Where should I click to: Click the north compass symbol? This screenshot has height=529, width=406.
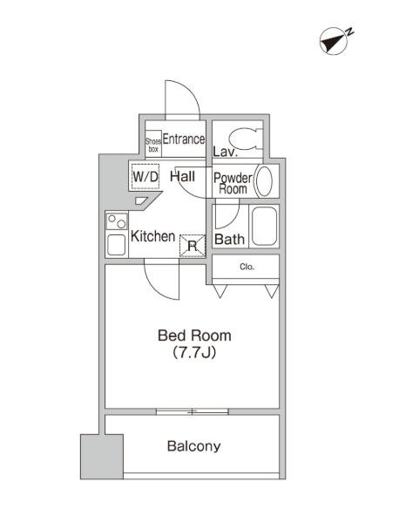[x=335, y=41]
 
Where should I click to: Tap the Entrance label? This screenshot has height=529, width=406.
[x=184, y=139]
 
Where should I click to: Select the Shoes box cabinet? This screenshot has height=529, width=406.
[x=153, y=144]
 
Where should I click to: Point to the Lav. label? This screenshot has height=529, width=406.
[x=226, y=152]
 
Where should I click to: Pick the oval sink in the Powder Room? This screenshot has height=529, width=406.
[x=264, y=181]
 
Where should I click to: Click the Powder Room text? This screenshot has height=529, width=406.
[x=233, y=183]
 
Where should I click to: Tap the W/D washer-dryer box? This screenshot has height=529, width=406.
[x=145, y=176]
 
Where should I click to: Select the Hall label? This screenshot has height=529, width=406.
[x=182, y=176]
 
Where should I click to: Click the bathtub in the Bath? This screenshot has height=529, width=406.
[x=265, y=227]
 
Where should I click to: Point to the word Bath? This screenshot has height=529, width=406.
[x=229, y=239]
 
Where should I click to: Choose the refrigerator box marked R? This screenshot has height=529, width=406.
[x=193, y=246]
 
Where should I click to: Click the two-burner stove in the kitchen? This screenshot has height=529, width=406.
[x=117, y=221]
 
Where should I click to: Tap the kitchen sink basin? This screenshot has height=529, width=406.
[x=117, y=245]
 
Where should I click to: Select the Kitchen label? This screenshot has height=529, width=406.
[x=152, y=236]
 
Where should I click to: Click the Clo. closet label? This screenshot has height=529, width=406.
[x=247, y=267]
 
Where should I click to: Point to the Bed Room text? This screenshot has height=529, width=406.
[x=194, y=336]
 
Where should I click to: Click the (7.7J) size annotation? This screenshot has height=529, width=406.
[x=194, y=353]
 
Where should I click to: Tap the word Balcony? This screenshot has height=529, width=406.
[x=194, y=446]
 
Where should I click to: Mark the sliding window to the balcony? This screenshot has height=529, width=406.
[x=193, y=411]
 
